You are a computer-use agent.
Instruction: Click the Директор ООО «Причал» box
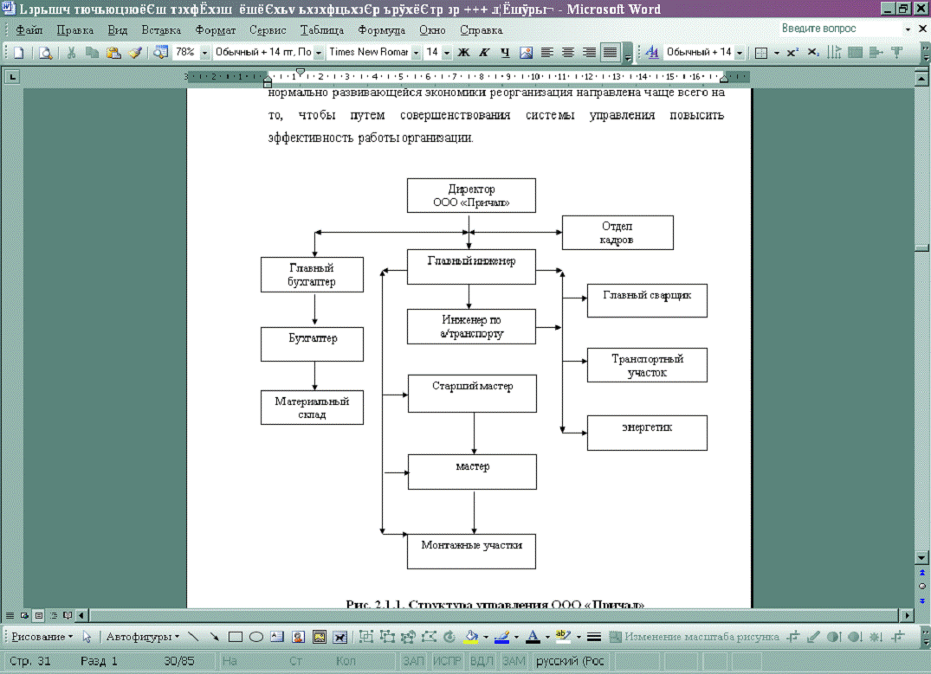coord(471,196)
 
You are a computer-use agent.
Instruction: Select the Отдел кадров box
coord(617,233)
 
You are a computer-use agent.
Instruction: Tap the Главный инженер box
coord(471,266)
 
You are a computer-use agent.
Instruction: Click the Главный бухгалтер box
coord(312,275)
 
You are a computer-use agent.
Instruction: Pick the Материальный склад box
coord(312,408)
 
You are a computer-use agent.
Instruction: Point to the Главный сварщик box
coord(647,300)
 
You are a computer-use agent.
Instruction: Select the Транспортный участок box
coord(647,365)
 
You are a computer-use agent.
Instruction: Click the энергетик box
coord(647,433)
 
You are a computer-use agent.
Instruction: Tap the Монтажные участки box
coord(472,551)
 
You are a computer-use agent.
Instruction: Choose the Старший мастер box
coord(472,393)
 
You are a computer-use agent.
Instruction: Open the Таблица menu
coord(322,29)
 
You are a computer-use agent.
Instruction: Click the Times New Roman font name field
coord(368,52)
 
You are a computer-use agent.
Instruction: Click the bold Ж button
coord(463,52)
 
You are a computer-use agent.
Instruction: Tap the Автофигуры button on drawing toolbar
coord(140,637)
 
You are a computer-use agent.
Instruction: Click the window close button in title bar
coord(920,9)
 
